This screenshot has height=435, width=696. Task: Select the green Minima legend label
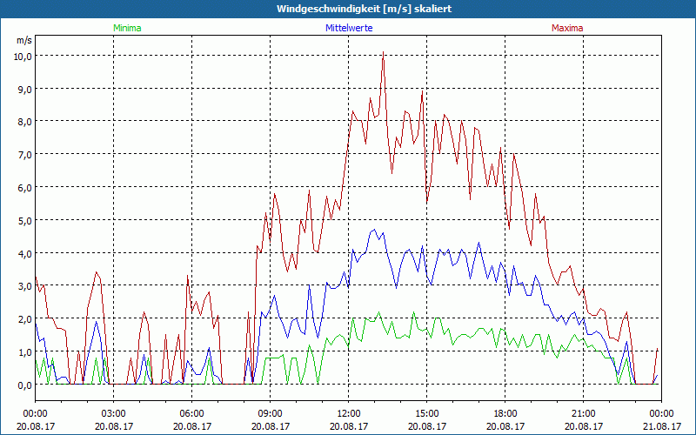click(x=126, y=28)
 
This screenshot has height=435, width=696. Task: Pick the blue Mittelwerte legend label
click(x=348, y=28)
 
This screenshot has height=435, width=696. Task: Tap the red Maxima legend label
click(x=567, y=28)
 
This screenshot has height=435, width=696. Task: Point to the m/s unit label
click(x=23, y=40)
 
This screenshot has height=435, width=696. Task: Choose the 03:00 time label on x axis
click(x=113, y=413)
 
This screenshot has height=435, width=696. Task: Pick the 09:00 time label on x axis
click(x=270, y=413)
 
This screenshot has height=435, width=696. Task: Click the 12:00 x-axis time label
click(x=348, y=413)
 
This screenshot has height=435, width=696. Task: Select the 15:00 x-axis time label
click(x=426, y=413)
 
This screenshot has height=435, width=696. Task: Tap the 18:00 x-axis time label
click(x=505, y=413)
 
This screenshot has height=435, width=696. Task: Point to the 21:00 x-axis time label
click(x=583, y=413)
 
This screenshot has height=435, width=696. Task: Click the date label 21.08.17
click(x=661, y=426)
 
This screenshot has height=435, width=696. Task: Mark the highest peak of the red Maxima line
click(x=383, y=52)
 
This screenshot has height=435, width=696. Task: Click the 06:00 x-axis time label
click(x=191, y=413)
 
